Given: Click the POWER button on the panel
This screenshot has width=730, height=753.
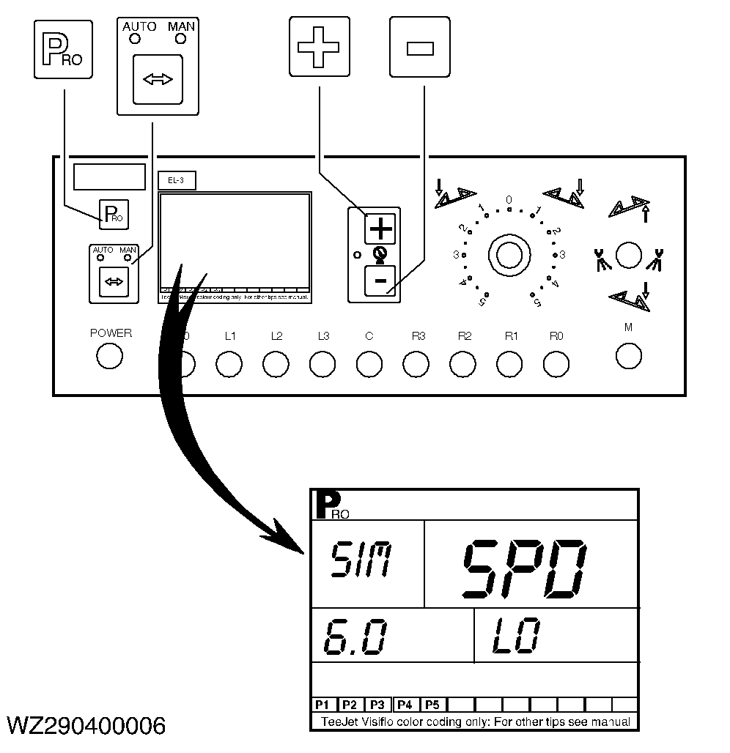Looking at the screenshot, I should click(x=110, y=356).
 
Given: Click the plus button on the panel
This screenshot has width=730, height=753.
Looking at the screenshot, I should click(x=380, y=229).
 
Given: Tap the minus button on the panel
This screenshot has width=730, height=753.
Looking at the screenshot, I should click(x=380, y=281).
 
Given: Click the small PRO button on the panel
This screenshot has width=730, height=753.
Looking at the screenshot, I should click(x=114, y=212).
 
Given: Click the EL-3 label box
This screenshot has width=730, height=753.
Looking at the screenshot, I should click(x=177, y=179).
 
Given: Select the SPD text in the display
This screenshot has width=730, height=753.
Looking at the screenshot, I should click(x=527, y=567).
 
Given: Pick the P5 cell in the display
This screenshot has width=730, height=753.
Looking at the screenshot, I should click(x=432, y=705).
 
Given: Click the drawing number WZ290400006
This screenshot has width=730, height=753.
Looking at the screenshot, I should click(x=86, y=725).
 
